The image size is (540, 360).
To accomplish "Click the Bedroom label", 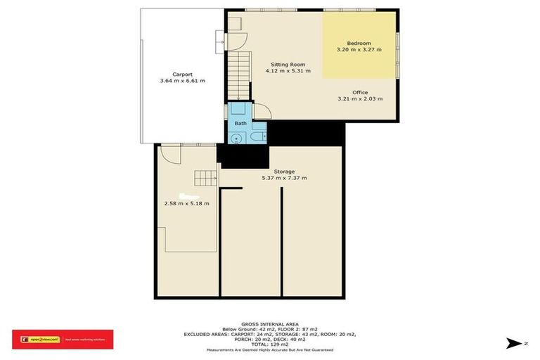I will (359, 43).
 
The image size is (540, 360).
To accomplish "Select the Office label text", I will (361, 92).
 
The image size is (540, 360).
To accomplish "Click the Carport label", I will (182, 74).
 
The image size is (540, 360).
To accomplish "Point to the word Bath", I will (240, 124).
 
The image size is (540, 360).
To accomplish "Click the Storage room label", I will (284, 171).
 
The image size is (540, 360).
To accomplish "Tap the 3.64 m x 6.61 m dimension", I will (182, 81).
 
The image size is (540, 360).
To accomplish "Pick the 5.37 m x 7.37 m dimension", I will (284, 178).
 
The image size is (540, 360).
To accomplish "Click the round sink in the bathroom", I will (237, 139).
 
